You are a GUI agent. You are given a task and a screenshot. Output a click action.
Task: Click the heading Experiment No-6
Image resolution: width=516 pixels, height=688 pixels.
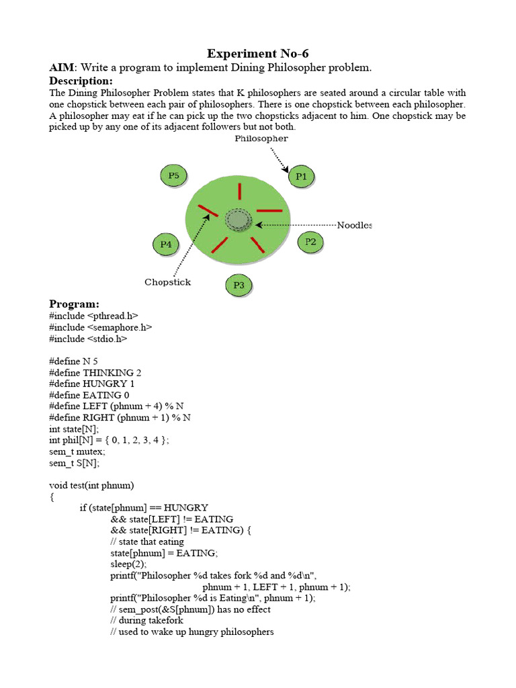point(258,54)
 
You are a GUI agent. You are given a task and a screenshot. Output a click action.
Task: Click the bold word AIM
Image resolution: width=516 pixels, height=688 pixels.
point(62,68)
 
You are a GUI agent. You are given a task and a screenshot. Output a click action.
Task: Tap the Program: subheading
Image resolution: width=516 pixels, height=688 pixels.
point(74,304)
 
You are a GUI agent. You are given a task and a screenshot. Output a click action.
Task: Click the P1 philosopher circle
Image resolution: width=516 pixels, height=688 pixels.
point(301,177)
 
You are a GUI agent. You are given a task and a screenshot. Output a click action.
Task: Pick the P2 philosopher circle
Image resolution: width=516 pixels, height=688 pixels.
point(310,241)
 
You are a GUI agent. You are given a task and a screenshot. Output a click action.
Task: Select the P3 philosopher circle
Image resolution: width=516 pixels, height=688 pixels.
point(239,286)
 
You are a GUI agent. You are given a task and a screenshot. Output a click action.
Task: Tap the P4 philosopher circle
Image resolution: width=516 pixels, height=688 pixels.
point(166,245)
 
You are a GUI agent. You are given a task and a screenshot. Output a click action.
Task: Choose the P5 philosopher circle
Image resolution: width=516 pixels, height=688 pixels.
point(174,176)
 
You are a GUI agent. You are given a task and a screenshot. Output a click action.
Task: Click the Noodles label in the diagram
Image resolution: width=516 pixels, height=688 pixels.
point(354,225)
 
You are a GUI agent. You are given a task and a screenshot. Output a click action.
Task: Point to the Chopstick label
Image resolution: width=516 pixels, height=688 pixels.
point(167,282)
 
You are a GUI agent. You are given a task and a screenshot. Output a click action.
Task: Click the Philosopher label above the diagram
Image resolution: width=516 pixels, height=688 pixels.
point(261,138)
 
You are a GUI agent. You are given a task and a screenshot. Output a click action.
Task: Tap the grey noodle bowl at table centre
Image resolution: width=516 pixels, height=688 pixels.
point(237,220)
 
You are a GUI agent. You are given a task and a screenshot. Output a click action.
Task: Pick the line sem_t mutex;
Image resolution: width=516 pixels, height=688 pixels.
point(77,451)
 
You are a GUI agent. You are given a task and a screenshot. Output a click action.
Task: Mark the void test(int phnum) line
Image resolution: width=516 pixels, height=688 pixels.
point(92,485)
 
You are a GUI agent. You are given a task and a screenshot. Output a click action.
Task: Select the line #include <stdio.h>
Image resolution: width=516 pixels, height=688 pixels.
point(88,339)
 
